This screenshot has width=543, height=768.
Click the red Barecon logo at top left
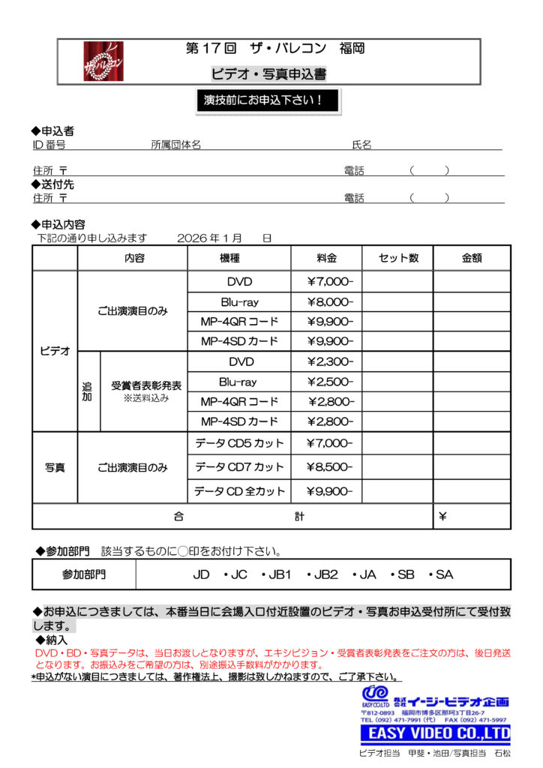point(103,61)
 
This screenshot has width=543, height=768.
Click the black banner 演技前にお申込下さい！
point(267,100)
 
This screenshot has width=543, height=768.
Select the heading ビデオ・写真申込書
point(268,73)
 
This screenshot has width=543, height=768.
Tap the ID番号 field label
point(49,145)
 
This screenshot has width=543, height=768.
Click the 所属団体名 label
point(175,145)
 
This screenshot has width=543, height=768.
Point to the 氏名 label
point(361,145)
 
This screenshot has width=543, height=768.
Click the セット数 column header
point(398,258)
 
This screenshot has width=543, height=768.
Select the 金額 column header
point(472,258)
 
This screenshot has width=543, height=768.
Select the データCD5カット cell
point(239,443)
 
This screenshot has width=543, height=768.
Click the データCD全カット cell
point(239,491)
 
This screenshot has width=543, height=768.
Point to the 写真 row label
point(55,467)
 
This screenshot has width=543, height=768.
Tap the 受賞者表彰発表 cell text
point(146,385)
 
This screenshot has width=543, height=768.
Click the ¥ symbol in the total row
point(442,517)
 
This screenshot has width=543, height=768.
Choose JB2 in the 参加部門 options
point(325,575)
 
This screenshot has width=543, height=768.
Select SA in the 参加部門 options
point(444,575)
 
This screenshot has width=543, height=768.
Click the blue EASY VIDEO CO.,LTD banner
point(435,733)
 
